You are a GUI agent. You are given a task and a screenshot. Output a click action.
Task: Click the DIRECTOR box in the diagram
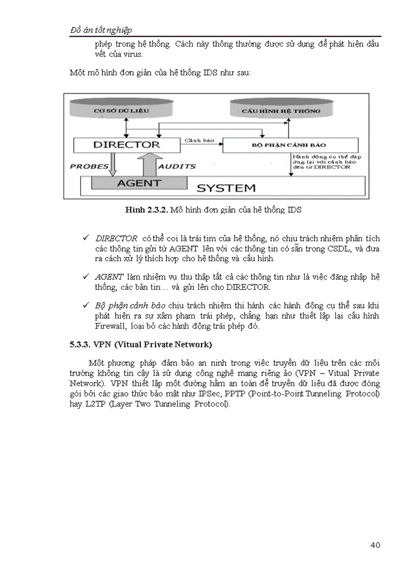(x=127, y=144)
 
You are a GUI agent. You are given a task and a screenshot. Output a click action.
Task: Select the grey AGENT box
(x=139, y=183)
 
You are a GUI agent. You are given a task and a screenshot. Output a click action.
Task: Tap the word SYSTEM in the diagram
(x=226, y=187)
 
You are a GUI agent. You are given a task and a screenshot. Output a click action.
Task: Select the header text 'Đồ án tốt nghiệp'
(x=101, y=30)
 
